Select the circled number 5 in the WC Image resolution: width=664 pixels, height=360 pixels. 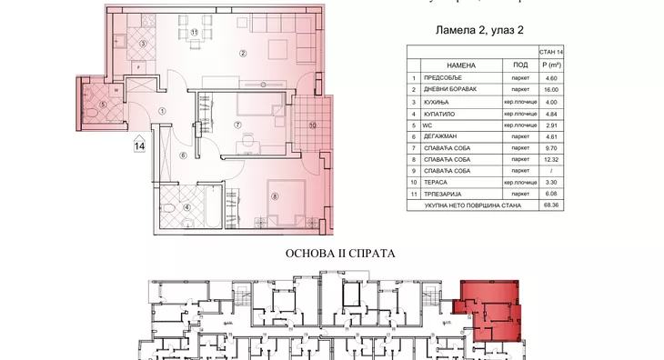tap(103, 105)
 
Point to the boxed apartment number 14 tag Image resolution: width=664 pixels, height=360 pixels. tap(140, 143)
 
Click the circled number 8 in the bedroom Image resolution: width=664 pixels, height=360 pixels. tap(274, 192)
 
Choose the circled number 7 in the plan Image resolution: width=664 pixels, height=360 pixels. tap(236, 125)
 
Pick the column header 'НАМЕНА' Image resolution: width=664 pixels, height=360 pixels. tap(461, 65)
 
